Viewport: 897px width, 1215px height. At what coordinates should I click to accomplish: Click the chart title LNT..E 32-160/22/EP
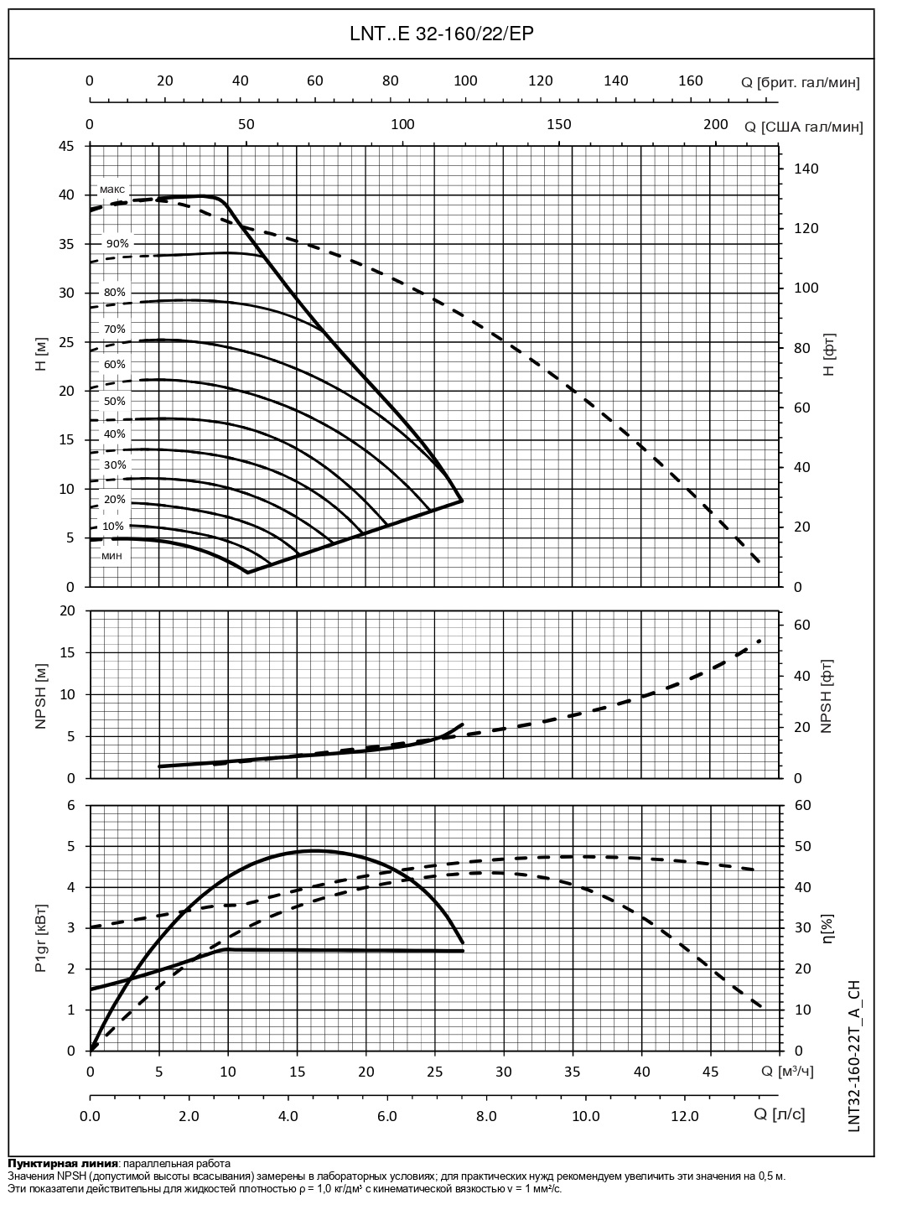click(441, 34)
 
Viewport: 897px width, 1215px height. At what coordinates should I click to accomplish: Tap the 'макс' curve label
click(112, 190)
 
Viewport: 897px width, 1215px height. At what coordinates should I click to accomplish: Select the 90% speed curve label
click(117, 243)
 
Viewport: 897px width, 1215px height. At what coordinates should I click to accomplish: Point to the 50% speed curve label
click(115, 402)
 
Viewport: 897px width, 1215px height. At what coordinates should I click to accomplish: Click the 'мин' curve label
click(112, 556)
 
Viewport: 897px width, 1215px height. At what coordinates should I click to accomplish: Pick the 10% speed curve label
click(114, 527)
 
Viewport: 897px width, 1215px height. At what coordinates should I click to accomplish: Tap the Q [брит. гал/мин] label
click(800, 82)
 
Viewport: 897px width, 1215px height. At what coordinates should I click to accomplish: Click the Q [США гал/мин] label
click(803, 127)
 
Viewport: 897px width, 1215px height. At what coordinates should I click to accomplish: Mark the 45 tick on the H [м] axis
click(65, 146)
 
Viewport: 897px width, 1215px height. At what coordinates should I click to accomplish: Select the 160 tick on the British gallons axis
click(691, 81)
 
